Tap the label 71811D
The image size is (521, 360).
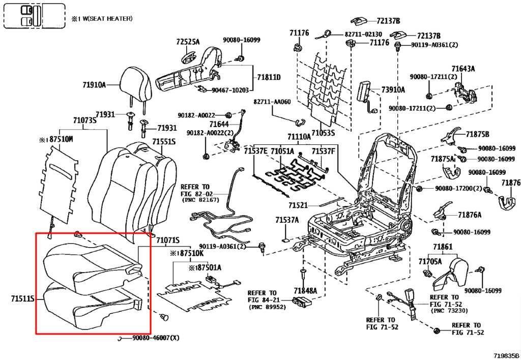[x=269, y=77]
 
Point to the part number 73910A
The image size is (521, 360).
[x=393, y=90]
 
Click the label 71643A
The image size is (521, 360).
[x=462, y=69]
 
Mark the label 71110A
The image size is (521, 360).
[x=299, y=137]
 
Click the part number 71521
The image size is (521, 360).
[x=299, y=205]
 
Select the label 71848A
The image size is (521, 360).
[x=305, y=290]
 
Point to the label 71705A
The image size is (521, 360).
[x=430, y=261]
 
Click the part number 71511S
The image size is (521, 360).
[x=23, y=300]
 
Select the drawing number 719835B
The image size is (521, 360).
[x=505, y=355]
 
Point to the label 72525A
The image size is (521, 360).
[x=188, y=42]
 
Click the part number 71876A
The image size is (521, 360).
[x=469, y=215]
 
